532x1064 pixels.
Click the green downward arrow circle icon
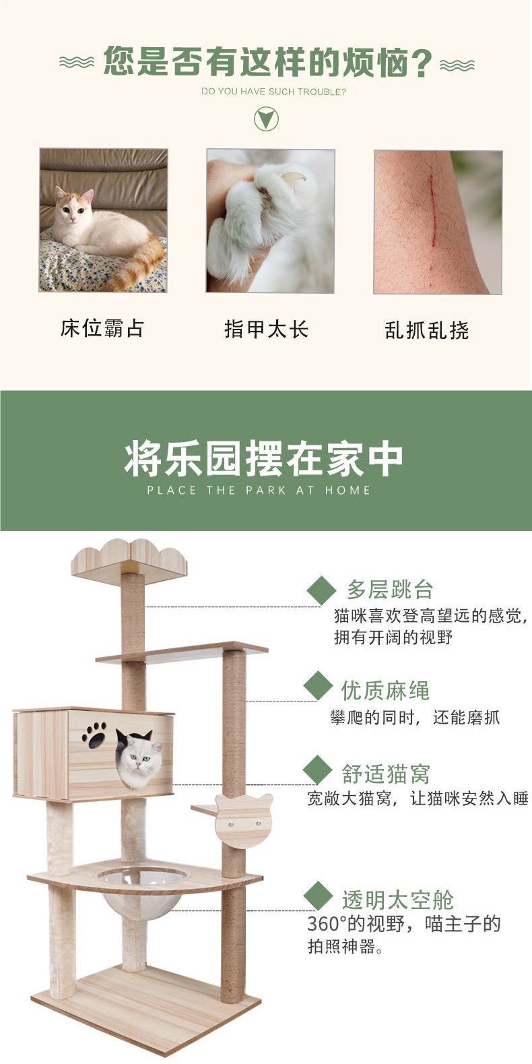pos(266,119)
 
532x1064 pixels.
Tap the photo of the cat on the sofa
pos(103,220)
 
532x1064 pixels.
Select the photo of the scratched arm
pos(438,222)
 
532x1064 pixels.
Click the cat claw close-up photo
pos(270,221)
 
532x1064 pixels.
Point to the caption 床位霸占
pos(102,329)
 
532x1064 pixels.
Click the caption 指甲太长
pos(266,330)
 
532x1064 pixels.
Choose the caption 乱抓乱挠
pos(427,330)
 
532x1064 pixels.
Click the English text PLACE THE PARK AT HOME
pos(259,491)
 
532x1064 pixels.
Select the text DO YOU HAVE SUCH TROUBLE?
pos(273,92)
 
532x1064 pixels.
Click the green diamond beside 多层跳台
pos(321,591)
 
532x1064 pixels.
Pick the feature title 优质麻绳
pos(385,690)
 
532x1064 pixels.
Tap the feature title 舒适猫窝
pos(385,774)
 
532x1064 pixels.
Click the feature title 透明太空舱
pos(397,900)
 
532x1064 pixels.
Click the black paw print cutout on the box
pos(94,735)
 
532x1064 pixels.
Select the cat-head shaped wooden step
pos(243,820)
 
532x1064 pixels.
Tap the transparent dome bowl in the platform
pos(143,889)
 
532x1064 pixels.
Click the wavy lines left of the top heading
pos(76,63)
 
